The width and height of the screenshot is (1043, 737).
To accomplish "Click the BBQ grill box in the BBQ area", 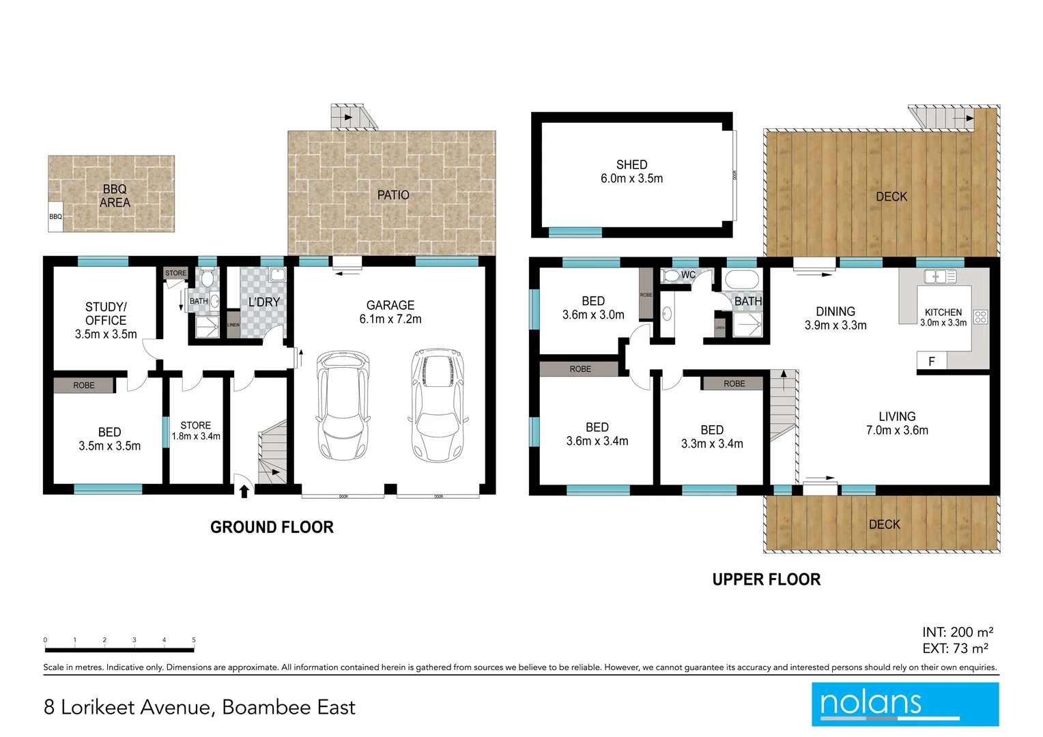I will coord(55,216).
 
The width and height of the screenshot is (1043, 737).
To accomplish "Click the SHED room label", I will coord(631,164).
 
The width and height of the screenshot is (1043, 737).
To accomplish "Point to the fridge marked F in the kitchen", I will coord(932,362).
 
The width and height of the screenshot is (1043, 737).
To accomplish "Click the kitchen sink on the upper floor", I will coord(940,276).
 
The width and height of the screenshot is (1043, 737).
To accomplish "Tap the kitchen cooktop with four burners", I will coord(981,317).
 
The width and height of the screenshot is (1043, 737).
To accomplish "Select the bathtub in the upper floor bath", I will coord(741,280).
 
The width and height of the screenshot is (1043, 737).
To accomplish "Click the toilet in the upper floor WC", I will coord(670,276).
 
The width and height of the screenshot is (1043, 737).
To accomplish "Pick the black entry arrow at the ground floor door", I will coord(244,491).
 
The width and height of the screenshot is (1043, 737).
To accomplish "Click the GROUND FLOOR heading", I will coord(272,528).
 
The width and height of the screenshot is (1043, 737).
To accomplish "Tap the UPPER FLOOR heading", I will coord(766,579).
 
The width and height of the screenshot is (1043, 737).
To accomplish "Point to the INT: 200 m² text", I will coord(957,633).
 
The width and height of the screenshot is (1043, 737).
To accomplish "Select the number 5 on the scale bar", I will coord(194,640).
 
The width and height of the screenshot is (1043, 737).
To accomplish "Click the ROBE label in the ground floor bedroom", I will coord(84,386).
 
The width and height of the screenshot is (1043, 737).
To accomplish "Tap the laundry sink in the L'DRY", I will coord(277,275).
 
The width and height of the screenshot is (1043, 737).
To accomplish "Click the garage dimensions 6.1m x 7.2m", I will coord(390,319).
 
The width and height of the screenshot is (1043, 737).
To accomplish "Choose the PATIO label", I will coord(393,195).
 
